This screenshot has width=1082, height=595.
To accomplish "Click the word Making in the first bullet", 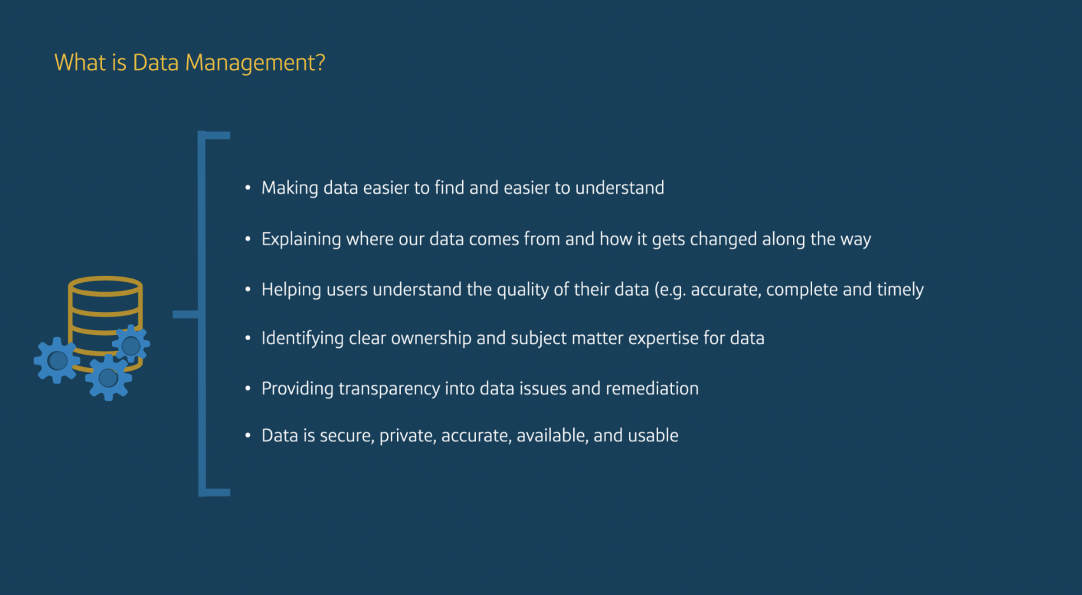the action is pos(290,188).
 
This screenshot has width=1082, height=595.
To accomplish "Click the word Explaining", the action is pos(302,240).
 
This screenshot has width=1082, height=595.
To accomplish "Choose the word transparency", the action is pos(390,389).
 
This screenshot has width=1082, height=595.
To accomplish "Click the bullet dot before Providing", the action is pos(248,388).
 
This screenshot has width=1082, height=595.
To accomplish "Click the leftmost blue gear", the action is pos(57,361).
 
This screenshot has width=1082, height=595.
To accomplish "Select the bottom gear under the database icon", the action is pos(108,378).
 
